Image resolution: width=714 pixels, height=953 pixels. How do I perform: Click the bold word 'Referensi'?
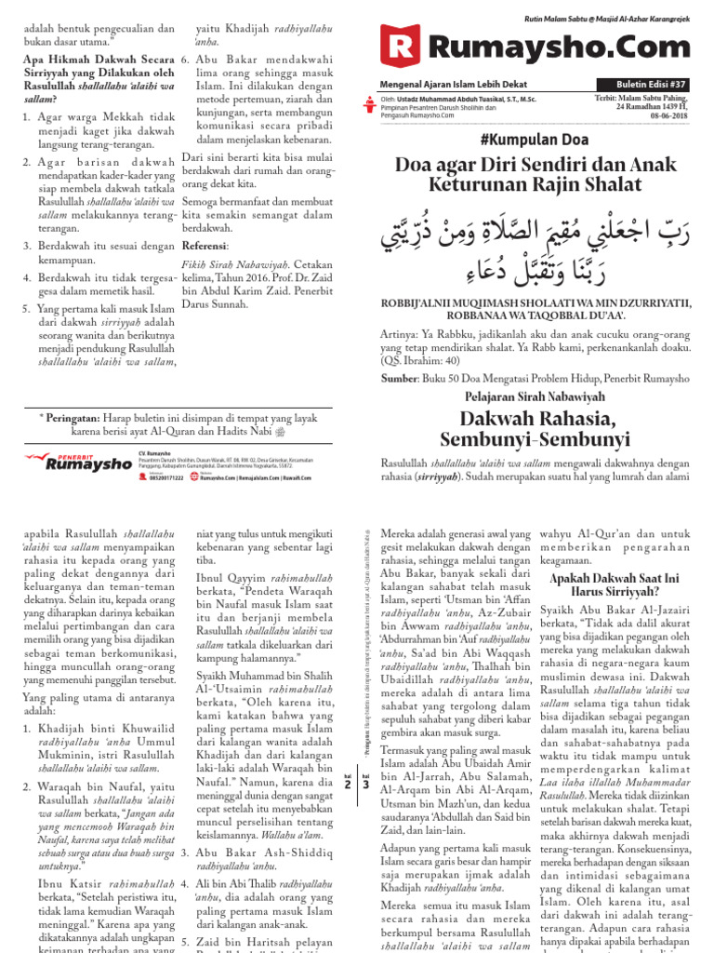[205, 247]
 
